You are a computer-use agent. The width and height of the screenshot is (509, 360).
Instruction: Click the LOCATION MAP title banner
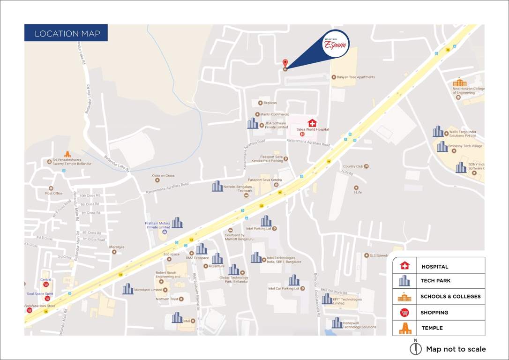pos(66,33)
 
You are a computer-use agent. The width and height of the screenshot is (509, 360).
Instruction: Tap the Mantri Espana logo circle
pos(336,45)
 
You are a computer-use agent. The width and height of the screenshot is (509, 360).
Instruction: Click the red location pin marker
pos(285,63)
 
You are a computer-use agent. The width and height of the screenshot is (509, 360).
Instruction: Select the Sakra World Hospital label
pos(313,129)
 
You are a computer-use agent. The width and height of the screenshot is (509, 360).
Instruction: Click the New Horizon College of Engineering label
pos(468,90)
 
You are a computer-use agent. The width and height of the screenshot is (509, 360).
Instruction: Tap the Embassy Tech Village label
pos(465,146)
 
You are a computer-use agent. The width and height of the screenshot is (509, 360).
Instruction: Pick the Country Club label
pos(353,166)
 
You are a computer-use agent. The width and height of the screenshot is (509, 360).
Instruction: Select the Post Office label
pos(54,193)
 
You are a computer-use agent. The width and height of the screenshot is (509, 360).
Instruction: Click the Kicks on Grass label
pos(163,176)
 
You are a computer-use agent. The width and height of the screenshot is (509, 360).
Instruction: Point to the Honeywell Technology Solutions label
pos(359,325)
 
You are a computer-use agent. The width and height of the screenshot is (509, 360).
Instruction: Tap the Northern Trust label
pos(167,299)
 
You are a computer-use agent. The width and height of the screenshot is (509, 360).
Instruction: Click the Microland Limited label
pos(148,290)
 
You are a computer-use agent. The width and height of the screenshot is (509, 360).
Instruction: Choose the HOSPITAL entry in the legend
pos(434,266)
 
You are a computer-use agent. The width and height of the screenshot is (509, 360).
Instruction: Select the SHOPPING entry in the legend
pos(434,312)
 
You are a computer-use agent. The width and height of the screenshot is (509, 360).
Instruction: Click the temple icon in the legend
pos(405,328)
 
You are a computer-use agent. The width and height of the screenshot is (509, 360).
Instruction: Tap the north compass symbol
pos(415,348)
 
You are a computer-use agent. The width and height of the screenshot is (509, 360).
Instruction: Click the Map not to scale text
pos(456,349)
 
